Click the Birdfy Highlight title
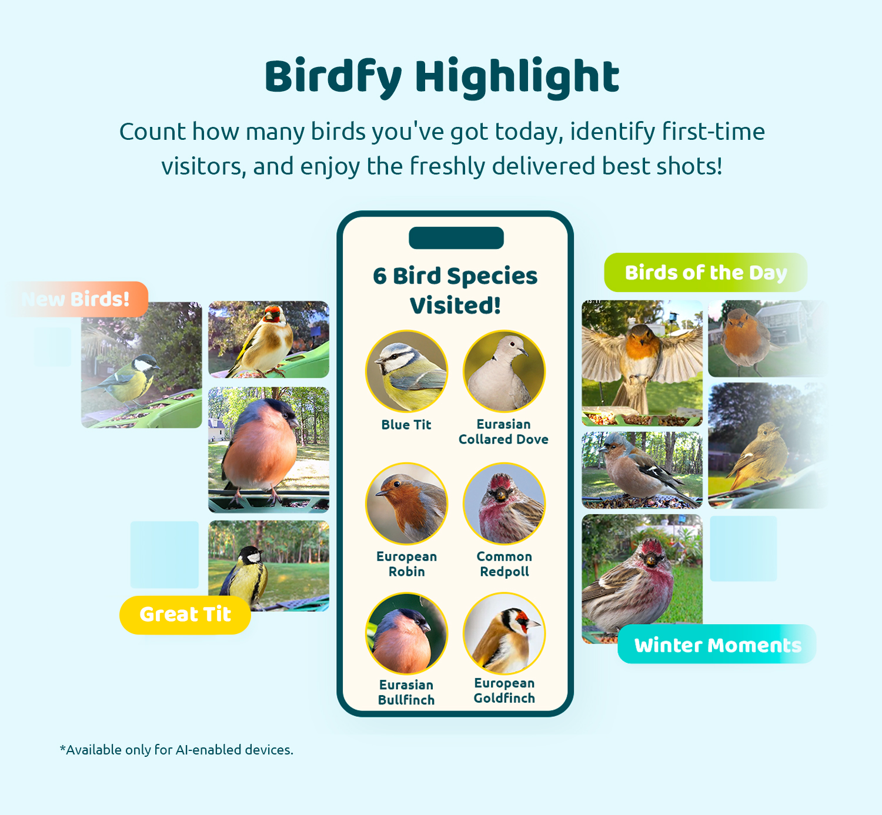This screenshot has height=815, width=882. point(442,77)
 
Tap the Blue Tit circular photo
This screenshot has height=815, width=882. point(406,371)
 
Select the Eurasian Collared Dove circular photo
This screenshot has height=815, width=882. point(504,371)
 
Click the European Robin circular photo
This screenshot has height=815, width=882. point(406,504)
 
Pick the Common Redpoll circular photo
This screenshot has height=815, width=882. point(504,504)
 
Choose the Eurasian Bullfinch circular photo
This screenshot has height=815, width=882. point(406,633)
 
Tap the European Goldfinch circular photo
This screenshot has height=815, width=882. point(504,633)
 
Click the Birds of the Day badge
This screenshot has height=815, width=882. point(706,273)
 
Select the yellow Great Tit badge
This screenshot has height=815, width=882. point(185,615)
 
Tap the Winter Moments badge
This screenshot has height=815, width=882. point(717,644)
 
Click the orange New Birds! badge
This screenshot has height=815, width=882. point(78,299)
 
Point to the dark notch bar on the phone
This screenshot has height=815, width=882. point(456,238)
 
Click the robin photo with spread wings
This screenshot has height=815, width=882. point(642,363)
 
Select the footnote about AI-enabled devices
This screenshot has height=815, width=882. point(177,750)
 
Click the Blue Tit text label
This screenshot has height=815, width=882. point(406,425)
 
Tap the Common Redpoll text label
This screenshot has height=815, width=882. point(504,564)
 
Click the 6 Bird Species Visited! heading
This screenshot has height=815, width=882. point(455,290)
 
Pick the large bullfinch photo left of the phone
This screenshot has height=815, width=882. point(269,450)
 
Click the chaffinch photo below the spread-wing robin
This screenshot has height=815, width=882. point(642,470)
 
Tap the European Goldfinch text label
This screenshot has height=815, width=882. point(504,690)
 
